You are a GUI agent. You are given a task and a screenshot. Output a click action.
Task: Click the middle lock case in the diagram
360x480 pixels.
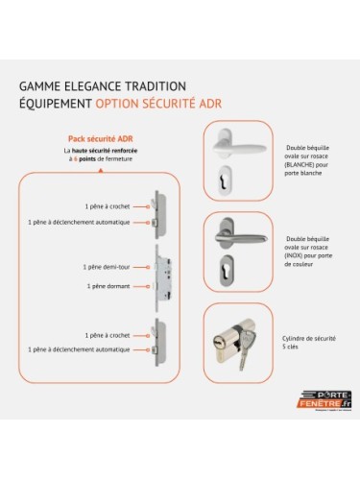pos(157,276)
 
